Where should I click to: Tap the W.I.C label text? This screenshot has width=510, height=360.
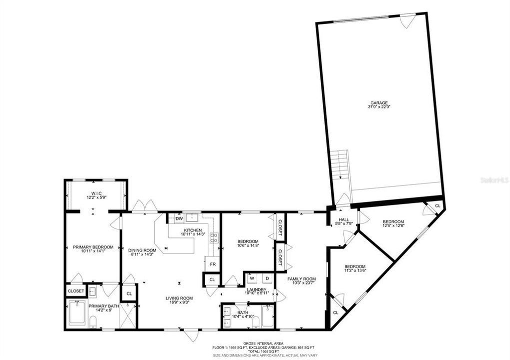click(x=97, y=193)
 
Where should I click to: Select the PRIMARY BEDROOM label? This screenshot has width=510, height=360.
click(x=93, y=247)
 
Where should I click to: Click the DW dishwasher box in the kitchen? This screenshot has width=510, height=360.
click(x=179, y=218)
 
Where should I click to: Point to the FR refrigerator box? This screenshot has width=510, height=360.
click(x=212, y=264)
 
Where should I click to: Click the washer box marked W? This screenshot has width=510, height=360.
click(x=252, y=278)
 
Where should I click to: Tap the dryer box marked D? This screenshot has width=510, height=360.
click(x=267, y=278)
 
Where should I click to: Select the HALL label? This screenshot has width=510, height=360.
click(x=343, y=219)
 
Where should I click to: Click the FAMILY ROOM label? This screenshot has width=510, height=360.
click(x=302, y=279)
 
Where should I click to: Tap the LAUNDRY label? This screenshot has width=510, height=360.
click(x=257, y=289)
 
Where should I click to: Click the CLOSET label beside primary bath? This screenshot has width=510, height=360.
click(x=76, y=290)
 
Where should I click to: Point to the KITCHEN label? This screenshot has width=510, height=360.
click(x=193, y=230)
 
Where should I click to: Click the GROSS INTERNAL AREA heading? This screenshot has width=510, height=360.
click(x=256, y=343)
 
